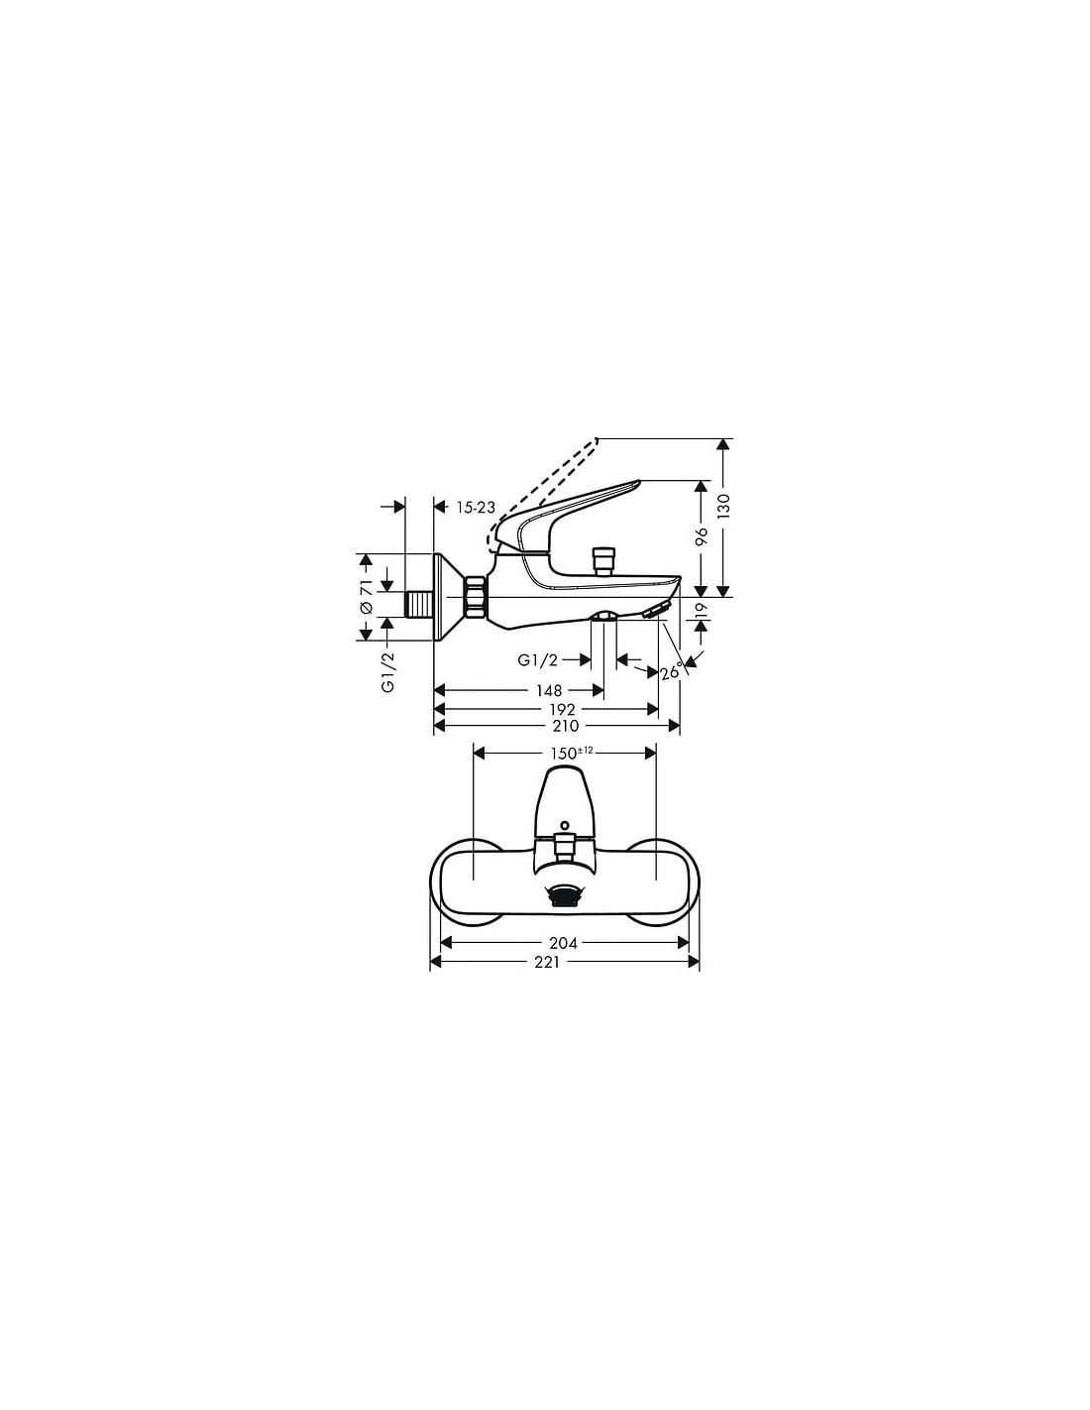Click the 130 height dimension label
(x=723, y=505)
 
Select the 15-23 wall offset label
(x=476, y=508)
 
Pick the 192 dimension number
(x=562, y=710)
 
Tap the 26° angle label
(x=672, y=671)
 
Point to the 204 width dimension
(x=563, y=943)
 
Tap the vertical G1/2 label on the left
(x=388, y=675)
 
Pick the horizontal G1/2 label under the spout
(x=537, y=660)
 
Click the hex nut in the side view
(x=476, y=596)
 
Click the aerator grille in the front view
(x=563, y=897)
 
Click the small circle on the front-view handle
(x=564, y=825)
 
